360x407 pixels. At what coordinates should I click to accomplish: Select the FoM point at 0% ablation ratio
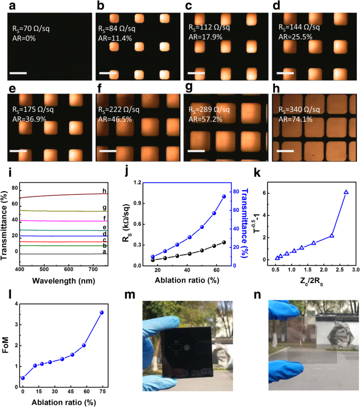click(23, 378)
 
